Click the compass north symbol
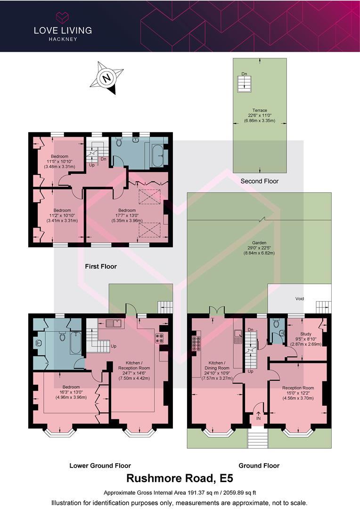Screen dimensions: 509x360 pyautogui.click(x=107, y=78)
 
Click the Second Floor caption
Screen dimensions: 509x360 pyautogui.click(x=259, y=181)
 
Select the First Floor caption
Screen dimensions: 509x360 pyautogui.click(x=101, y=266)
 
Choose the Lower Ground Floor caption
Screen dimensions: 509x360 pyautogui.click(x=100, y=466)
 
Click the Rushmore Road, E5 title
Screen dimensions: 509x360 pyautogui.click(x=180, y=479)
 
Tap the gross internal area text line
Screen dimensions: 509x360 pyautogui.click(x=180, y=492)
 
